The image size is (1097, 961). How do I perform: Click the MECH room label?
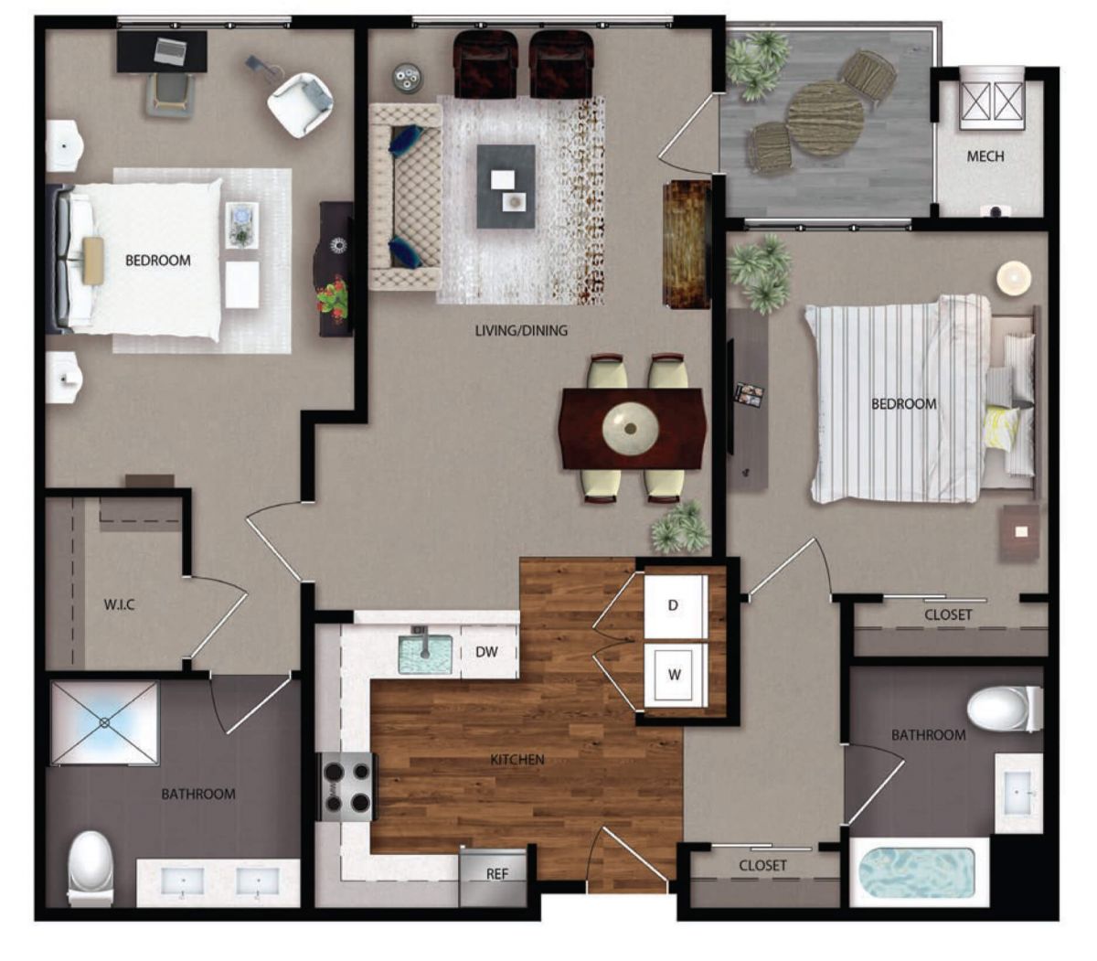pos(985,156)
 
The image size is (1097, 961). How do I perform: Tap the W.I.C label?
pos(119,605)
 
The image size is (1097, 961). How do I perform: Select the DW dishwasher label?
pos(486,652)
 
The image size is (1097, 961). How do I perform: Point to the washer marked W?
pos(674,674)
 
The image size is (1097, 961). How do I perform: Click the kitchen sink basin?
pos(425,654)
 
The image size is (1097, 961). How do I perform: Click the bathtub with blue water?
pos(917,873)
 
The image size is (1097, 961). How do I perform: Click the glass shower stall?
pos(104,723)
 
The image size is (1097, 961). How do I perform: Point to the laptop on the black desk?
pos(171,52)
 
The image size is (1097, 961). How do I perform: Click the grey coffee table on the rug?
pos(506,187)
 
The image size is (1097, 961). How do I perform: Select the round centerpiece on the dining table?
pos(631,429)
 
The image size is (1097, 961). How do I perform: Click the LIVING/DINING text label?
pos(521,330)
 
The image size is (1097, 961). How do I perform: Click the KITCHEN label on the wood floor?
pos(517,759)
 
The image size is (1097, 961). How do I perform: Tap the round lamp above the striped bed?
pos(1014,278)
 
